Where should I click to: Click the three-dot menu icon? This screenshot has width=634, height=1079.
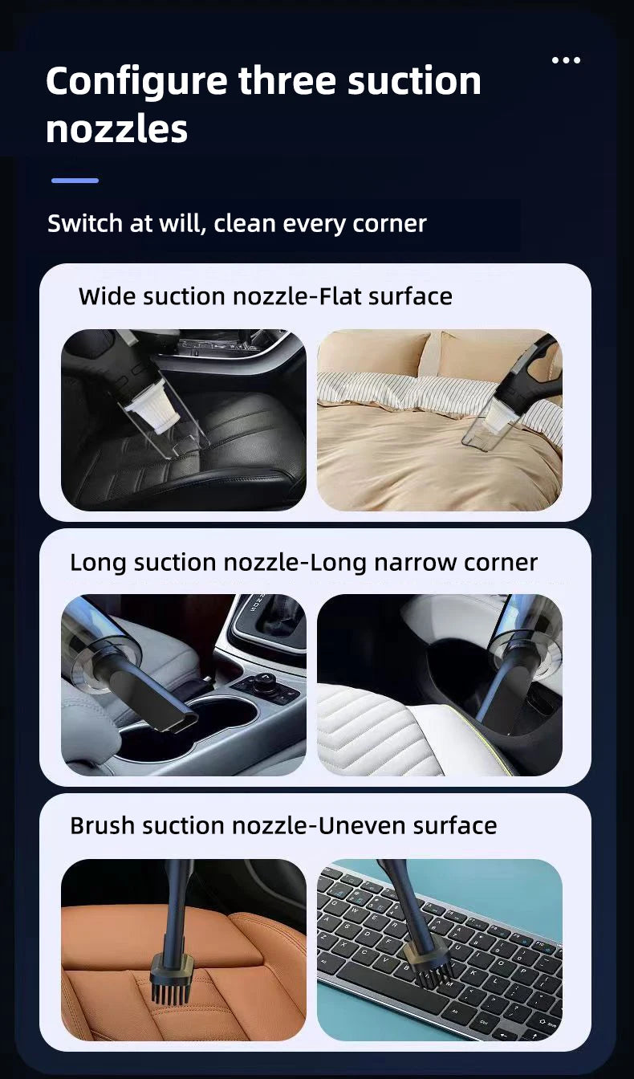[x=566, y=60]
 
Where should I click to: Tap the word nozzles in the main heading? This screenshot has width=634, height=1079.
[x=116, y=129]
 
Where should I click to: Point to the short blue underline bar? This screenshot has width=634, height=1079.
[x=75, y=181]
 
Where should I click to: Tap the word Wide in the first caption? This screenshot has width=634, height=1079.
[x=108, y=296]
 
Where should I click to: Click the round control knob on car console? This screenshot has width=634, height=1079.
[x=262, y=686]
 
